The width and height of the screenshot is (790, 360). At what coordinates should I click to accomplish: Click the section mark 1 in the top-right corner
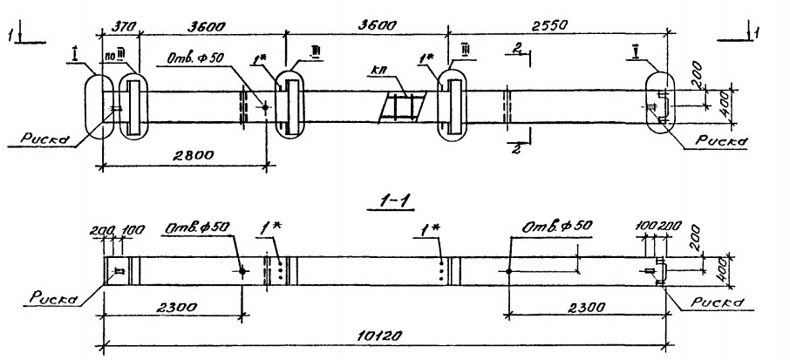click(x=754, y=34)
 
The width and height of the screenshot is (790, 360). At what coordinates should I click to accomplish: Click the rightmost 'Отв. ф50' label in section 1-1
click(x=557, y=228)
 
